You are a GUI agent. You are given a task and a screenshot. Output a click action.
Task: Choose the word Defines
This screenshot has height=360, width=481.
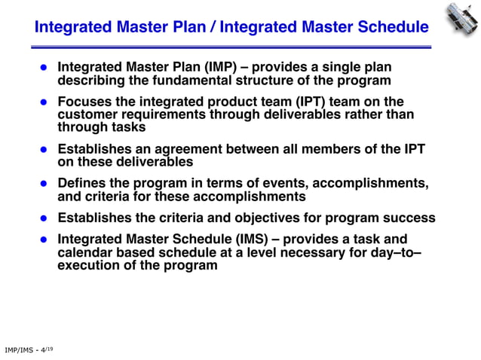(84, 184)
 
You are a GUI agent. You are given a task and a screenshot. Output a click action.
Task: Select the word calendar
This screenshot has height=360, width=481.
(87, 252)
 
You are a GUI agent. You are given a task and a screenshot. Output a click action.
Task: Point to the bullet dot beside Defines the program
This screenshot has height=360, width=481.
(44, 184)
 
